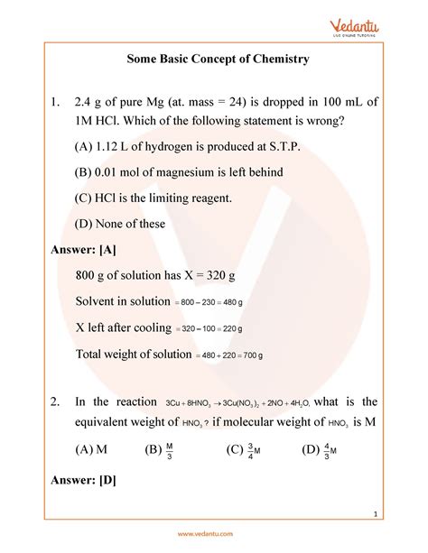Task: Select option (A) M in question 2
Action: (91, 450)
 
